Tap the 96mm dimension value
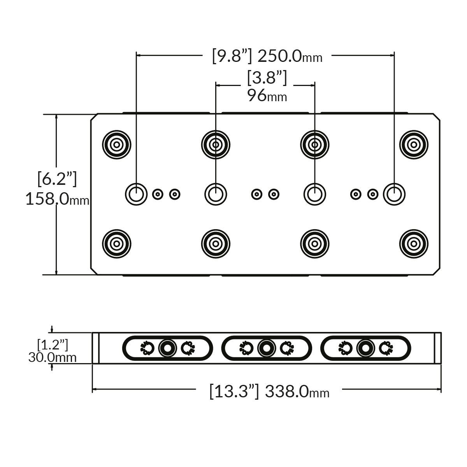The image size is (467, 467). click(267, 96)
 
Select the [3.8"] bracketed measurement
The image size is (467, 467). click(267, 78)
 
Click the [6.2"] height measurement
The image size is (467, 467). click(57, 179)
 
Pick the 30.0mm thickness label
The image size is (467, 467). click(52, 357)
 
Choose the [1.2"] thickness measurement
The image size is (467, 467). click(53, 344)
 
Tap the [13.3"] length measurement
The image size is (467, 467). click(234, 391)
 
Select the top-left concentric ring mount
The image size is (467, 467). click(116, 145)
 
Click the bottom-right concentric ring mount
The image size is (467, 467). click(414, 244)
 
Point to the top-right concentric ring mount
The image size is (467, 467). click(414, 145)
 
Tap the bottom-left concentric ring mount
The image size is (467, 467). click(116, 244)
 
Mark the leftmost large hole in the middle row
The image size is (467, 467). click(136, 193)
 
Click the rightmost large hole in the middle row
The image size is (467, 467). click(394, 193)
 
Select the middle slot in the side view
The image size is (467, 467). click(267, 348)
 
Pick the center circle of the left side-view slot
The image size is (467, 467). click(167, 348)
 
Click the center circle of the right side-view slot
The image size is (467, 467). click(365, 348)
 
